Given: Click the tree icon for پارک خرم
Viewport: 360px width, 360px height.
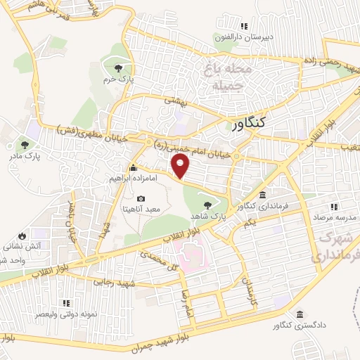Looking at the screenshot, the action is [118, 67].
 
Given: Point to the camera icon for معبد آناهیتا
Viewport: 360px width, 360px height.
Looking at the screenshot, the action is [141, 200].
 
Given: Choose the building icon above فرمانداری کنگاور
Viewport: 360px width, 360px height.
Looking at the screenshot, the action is [262, 195].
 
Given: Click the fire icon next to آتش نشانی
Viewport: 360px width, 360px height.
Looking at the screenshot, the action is [22, 236].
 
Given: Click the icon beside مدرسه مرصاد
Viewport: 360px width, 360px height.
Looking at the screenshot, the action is [335, 206].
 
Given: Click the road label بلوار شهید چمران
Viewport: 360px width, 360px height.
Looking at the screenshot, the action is [166, 345].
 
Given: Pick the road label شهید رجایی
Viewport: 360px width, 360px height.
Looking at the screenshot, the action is [115, 281].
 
